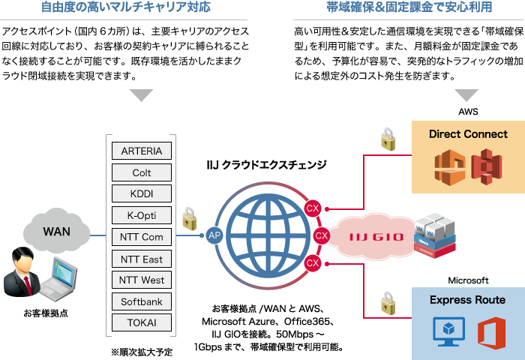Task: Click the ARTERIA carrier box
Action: (141, 151)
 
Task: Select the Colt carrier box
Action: (141, 172)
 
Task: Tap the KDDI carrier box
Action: (141, 193)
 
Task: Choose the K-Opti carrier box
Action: (141, 215)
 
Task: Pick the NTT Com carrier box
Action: (141, 237)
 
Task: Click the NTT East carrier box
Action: (141, 259)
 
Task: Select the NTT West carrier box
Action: (141, 280)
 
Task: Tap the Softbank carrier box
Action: (141, 301)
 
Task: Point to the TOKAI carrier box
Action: (141, 323)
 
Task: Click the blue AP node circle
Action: (214, 235)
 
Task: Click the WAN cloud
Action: (56, 232)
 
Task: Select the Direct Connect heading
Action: (468, 134)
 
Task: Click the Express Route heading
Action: (467, 300)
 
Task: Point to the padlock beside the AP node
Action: (190, 219)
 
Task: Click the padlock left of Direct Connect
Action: (388, 139)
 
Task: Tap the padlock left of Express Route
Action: (388, 303)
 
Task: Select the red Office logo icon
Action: (491, 331)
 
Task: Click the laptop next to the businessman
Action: (60, 277)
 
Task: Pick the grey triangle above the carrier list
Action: (141, 96)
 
